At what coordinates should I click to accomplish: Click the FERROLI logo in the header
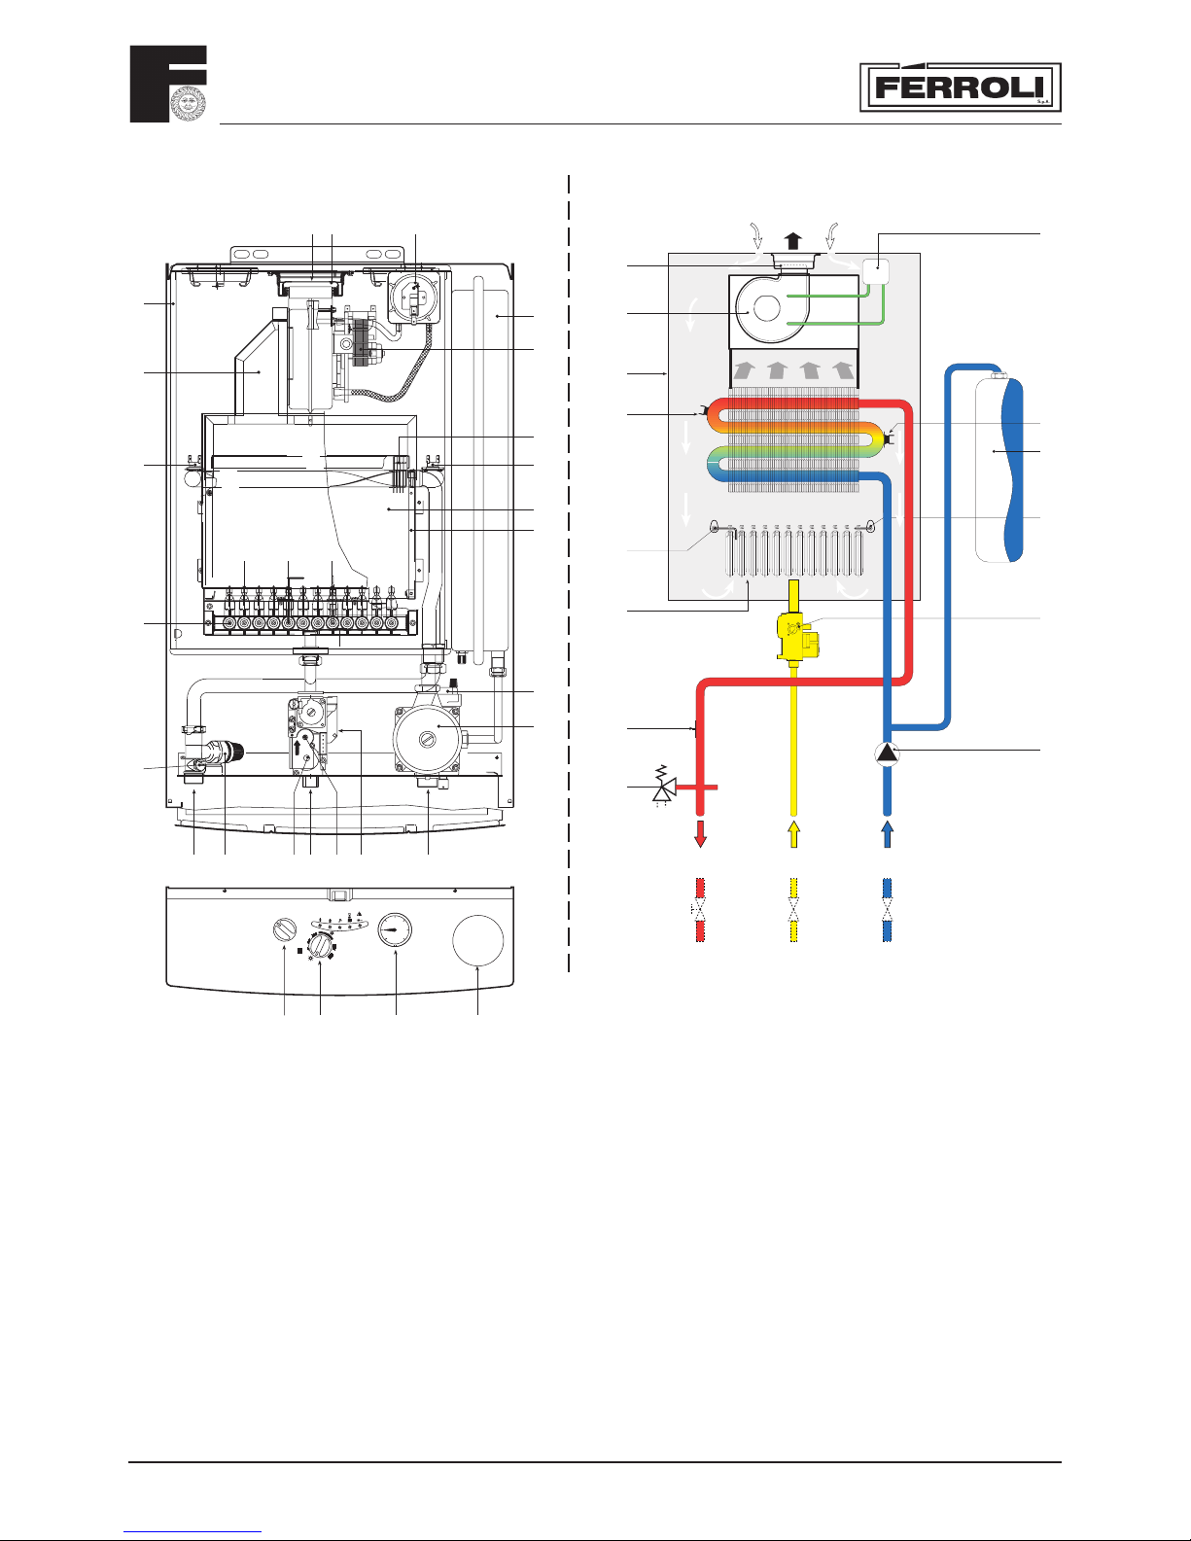(960, 88)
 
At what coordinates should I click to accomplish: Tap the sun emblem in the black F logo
(189, 103)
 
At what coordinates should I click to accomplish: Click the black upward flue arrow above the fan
(794, 241)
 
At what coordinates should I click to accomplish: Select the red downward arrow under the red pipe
(700, 834)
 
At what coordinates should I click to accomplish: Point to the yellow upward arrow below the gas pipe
(794, 834)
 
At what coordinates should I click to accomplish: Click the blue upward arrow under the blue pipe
(887, 834)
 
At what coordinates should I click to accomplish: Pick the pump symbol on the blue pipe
(887, 753)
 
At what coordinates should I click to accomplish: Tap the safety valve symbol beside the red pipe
(664, 786)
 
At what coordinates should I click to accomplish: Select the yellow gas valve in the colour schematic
(798, 636)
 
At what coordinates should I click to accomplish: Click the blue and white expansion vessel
(999, 470)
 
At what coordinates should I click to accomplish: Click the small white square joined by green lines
(876, 271)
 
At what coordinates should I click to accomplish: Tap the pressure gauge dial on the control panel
(395, 929)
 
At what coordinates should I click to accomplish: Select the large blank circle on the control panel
(477, 940)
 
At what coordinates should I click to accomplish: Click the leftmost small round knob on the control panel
(284, 929)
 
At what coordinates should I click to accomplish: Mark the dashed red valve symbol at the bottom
(700, 910)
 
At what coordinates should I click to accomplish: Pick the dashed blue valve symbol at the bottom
(887, 910)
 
